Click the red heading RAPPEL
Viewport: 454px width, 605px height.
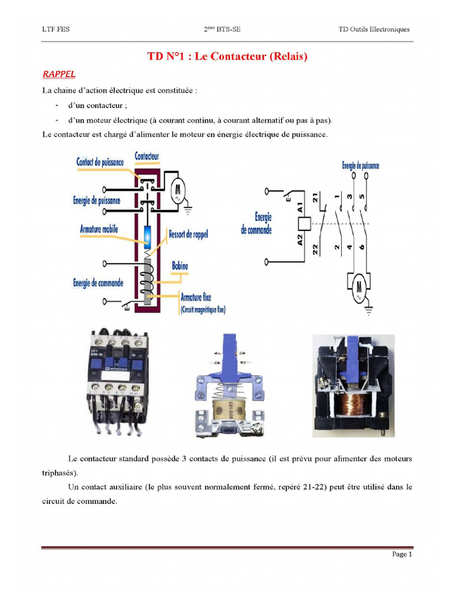[x=59, y=74]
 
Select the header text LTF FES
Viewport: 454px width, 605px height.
[x=56, y=29]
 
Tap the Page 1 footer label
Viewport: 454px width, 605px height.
[x=401, y=554]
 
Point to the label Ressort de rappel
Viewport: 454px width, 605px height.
[x=189, y=233]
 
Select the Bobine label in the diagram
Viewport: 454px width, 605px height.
[x=180, y=266]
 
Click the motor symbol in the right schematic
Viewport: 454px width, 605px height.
[x=358, y=288]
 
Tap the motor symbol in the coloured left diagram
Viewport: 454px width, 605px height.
[x=177, y=190]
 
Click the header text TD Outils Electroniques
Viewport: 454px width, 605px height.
[x=374, y=29]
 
